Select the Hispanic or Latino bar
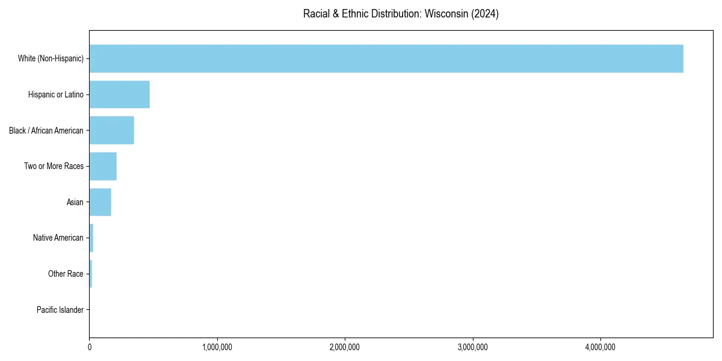pos(119,94)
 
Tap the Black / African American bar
pos(111,130)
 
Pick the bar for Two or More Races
pos(103,166)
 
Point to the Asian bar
pos(100,202)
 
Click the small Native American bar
pos(91,238)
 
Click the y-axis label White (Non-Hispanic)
pos(51,58)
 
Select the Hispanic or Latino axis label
pos(56,94)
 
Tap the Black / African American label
pos(46,131)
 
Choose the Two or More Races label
pos(54,166)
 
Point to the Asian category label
pos(75,202)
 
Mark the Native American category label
pos(58,238)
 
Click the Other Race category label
pos(66,274)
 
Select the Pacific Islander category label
pos(60,310)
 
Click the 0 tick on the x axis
pos(90,347)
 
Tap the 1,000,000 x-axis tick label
pos(217,347)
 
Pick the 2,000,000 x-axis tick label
pos(345,347)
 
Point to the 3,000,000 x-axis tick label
pos(473,347)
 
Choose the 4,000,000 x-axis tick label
pos(600,347)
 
